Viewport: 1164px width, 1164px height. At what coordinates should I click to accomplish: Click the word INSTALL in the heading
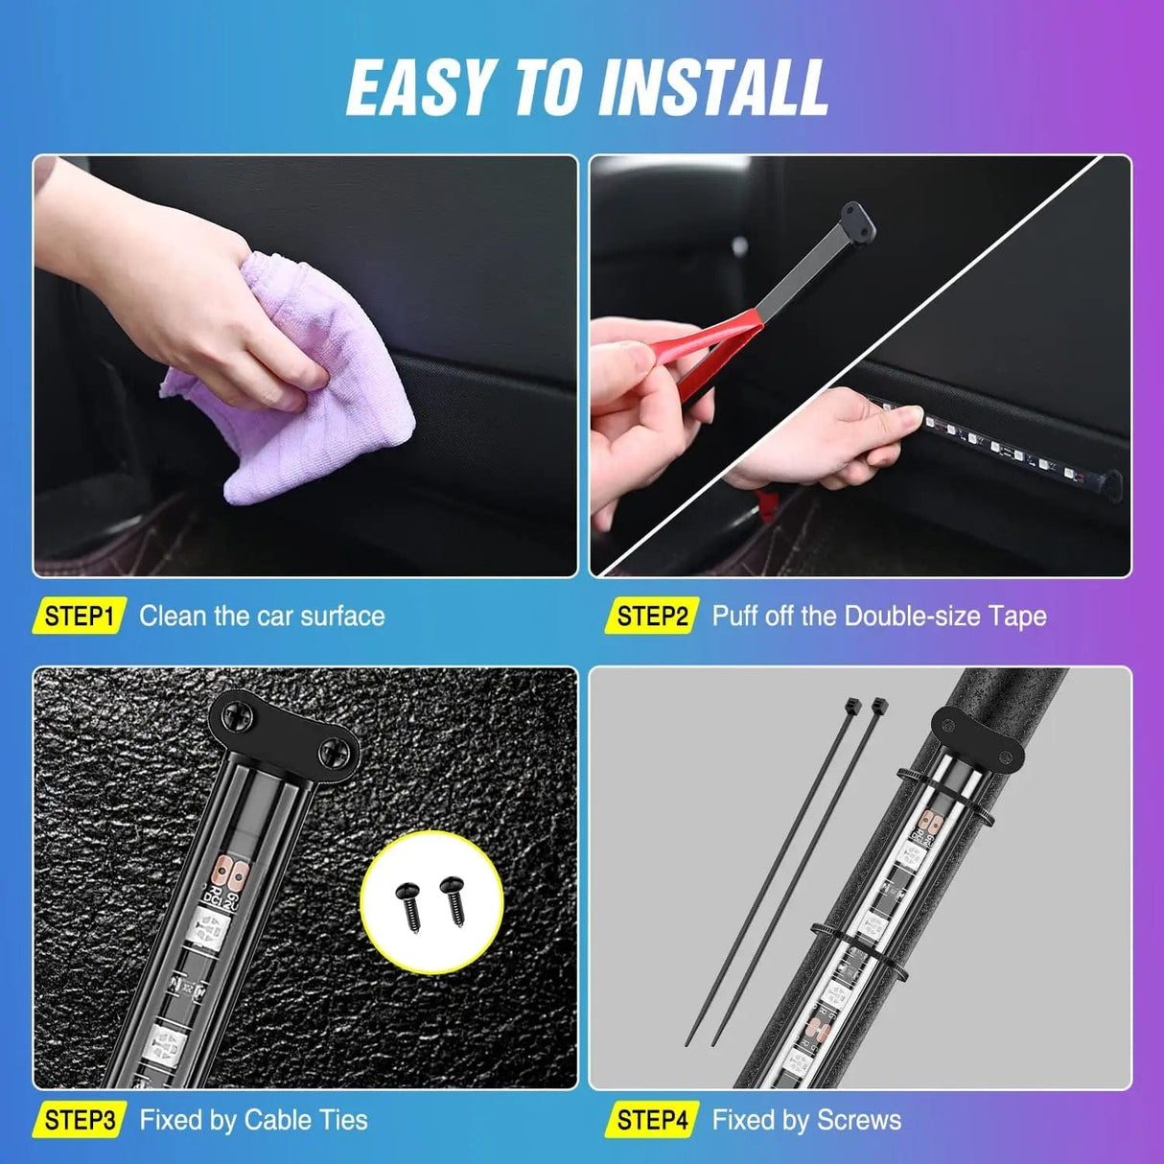(713, 87)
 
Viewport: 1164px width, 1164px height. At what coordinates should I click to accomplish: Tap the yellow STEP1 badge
(80, 617)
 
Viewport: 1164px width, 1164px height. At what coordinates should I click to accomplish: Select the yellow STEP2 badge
(652, 617)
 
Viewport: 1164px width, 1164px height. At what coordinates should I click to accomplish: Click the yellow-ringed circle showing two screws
(431, 902)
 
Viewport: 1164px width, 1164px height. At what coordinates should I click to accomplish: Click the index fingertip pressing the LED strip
(915, 415)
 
